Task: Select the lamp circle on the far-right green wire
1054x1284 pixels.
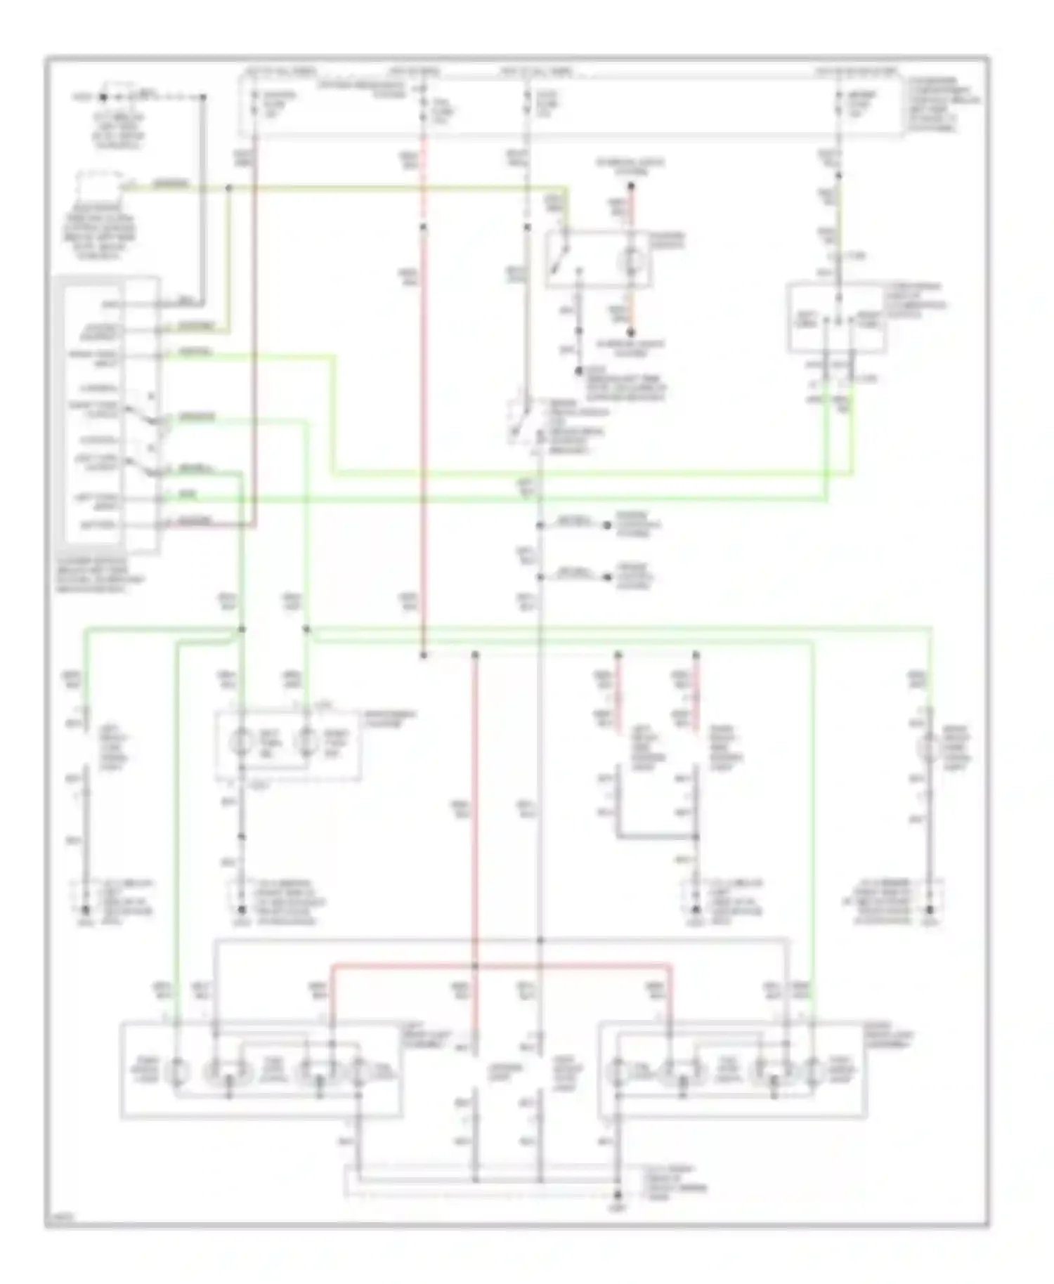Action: (x=930, y=747)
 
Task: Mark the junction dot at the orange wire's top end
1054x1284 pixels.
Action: (x=630, y=187)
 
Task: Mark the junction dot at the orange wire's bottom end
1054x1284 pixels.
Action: (x=630, y=333)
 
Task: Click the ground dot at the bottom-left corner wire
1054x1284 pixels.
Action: (x=86, y=910)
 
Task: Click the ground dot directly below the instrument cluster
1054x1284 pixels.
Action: (x=241, y=910)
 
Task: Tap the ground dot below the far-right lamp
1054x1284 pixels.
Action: (x=930, y=910)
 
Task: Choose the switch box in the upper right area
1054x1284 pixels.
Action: (x=836, y=317)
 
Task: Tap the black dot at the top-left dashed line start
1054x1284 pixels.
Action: (x=103, y=98)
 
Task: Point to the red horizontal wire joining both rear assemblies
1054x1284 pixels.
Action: (x=502, y=966)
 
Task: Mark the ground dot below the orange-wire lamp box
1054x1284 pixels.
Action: (x=578, y=371)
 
